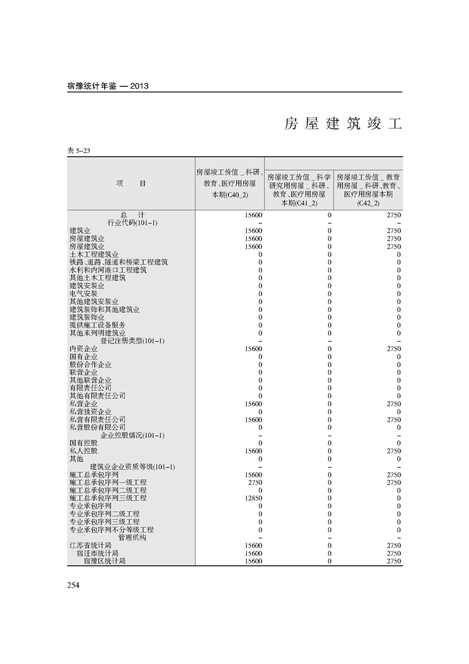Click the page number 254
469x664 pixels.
point(73,585)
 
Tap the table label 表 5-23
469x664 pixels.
point(79,151)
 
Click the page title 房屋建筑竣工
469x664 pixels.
point(342,124)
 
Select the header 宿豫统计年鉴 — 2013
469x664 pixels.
point(108,86)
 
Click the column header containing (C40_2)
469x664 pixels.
point(230,183)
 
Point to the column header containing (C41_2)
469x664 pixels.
point(299,189)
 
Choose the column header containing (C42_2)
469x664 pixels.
point(368,189)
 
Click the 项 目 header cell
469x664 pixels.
point(131,183)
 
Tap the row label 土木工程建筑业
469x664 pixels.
point(93,254)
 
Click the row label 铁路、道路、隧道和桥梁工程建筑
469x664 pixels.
point(118,262)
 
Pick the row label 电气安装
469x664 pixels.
point(83,294)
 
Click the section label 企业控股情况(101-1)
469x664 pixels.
point(132,436)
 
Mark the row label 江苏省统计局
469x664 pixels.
point(90,546)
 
